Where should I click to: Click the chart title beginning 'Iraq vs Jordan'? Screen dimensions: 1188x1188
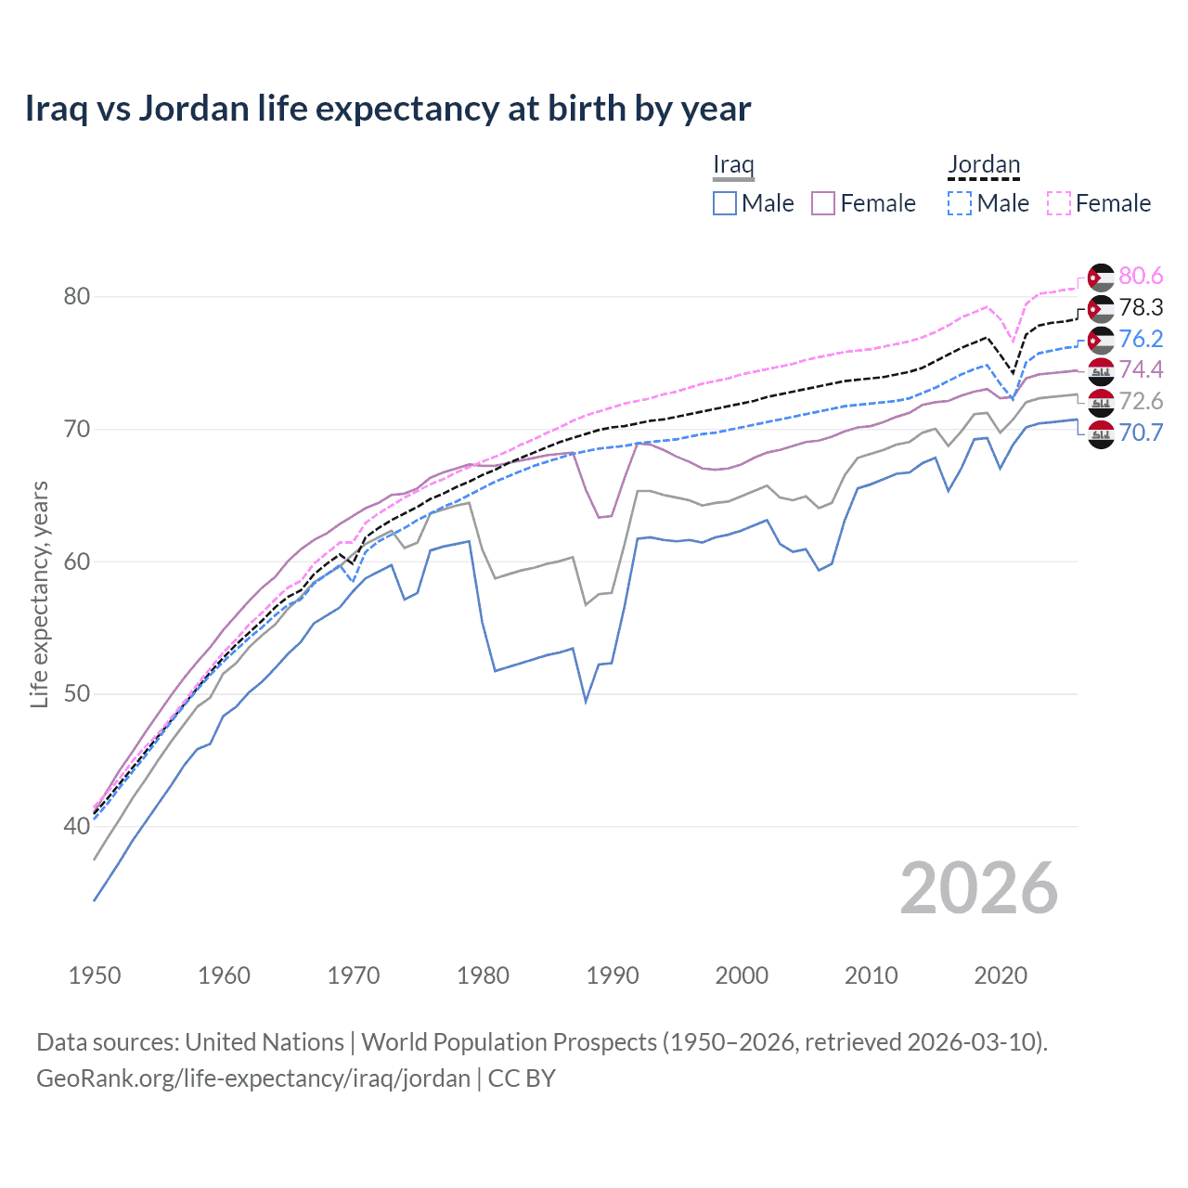387,109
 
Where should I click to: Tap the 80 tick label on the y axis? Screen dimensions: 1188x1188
76,297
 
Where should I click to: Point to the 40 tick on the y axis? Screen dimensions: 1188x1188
76,826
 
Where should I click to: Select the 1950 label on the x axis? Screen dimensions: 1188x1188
95,975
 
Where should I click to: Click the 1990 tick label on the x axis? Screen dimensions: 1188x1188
613,975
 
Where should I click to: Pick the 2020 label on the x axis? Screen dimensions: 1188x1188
1001,975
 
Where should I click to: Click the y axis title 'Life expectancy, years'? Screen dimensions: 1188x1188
39,594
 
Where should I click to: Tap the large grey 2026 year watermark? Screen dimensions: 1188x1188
978,888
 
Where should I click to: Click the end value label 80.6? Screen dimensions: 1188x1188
1141,277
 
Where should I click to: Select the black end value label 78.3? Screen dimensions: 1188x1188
1141,308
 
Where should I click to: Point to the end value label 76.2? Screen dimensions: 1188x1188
1141,339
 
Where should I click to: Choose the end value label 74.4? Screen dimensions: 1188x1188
1141,370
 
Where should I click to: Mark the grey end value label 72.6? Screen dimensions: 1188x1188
1141,402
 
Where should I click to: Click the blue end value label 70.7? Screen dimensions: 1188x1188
1141,433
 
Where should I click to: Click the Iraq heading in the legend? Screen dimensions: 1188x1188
733,165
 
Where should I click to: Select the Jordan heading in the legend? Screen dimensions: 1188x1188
984,165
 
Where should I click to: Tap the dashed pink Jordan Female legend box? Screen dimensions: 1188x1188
1059,203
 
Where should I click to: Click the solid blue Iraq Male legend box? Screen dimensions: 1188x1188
725,203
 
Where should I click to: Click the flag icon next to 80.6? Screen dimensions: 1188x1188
1101,277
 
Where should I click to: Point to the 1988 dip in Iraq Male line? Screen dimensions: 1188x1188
586,701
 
